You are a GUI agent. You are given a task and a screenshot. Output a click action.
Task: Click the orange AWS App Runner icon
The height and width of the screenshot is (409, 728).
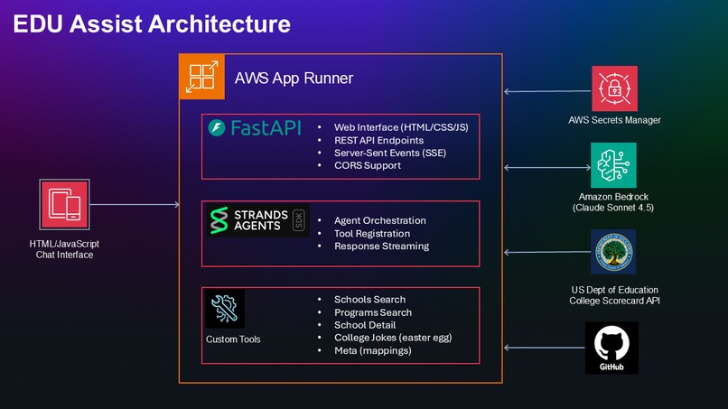click(x=201, y=77)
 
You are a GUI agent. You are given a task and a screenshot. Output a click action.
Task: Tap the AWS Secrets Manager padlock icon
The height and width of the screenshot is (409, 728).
click(x=614, y=88)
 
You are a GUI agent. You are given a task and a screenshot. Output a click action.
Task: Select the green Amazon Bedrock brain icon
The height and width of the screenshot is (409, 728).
click(x=613, y=165)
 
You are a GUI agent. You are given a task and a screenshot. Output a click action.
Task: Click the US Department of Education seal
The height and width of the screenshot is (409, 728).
click(x=613, y=252)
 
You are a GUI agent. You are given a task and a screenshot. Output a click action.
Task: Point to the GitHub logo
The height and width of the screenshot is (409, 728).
click(x=611, y=348)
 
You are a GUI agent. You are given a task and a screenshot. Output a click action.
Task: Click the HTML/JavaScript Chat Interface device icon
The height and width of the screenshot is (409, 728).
click(x=64, y=204)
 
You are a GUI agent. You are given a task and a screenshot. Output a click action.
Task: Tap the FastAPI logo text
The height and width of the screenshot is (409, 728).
click(x=266, y=127)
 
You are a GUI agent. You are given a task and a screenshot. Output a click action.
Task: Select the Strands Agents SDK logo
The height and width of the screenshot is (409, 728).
click(x=258, y=220)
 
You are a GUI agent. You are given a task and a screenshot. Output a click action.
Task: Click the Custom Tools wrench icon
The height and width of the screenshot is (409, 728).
click(x=225, y=309)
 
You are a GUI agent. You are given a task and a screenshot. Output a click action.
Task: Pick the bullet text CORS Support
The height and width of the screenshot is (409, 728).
click(x=368, y=166)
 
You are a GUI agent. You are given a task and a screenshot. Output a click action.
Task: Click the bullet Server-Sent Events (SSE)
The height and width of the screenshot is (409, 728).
click(x=390, y=153)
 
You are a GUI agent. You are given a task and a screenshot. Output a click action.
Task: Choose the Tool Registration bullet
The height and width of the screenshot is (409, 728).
click(x=372, y=234)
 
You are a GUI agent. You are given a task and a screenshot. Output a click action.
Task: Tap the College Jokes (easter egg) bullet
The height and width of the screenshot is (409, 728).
click(x=393, y=338)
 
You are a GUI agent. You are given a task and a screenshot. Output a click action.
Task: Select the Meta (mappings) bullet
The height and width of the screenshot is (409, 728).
click(x=373, y=350)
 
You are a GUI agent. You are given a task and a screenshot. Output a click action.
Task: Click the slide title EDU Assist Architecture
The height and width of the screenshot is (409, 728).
click(x=152, y=23)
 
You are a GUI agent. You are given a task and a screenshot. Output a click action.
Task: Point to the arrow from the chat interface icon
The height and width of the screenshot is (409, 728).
click(x=135, y=204)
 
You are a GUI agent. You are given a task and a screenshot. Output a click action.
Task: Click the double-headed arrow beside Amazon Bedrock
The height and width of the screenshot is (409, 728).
click(x=547, y=168)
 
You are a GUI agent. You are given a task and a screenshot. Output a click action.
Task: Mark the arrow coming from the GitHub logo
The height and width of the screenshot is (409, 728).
click(x=545, y=348)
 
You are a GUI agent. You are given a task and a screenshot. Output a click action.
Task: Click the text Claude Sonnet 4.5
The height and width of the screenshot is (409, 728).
click(x=613, y=208)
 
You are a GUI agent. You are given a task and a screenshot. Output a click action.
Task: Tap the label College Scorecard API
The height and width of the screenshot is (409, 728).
click(x=615, y=301)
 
